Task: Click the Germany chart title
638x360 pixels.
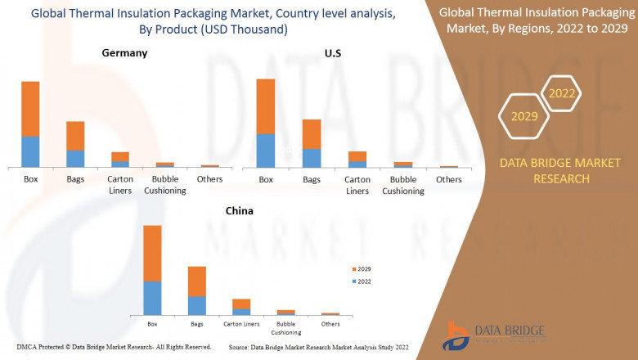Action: (124, 52)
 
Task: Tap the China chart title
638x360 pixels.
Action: (240, 210)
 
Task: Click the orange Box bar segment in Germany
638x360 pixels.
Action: (30, 108)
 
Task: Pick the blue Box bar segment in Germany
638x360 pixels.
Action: (30, 151)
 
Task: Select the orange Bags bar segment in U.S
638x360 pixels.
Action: (312, 134)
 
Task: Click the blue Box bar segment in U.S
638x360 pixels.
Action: (266, 151)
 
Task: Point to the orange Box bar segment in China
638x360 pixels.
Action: (152, 253)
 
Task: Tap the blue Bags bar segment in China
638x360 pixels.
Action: (197, 305)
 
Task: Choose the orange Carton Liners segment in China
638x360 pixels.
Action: (241, 304)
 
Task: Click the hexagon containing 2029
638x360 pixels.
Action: (524, 116)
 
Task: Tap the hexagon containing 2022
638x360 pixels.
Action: (562, 93)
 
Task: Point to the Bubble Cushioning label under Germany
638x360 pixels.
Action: (165, 185)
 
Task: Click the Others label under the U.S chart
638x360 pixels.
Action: (448, 180)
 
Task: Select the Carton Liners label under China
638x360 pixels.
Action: (241, 325)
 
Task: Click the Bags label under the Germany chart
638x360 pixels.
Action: (75, 179)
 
